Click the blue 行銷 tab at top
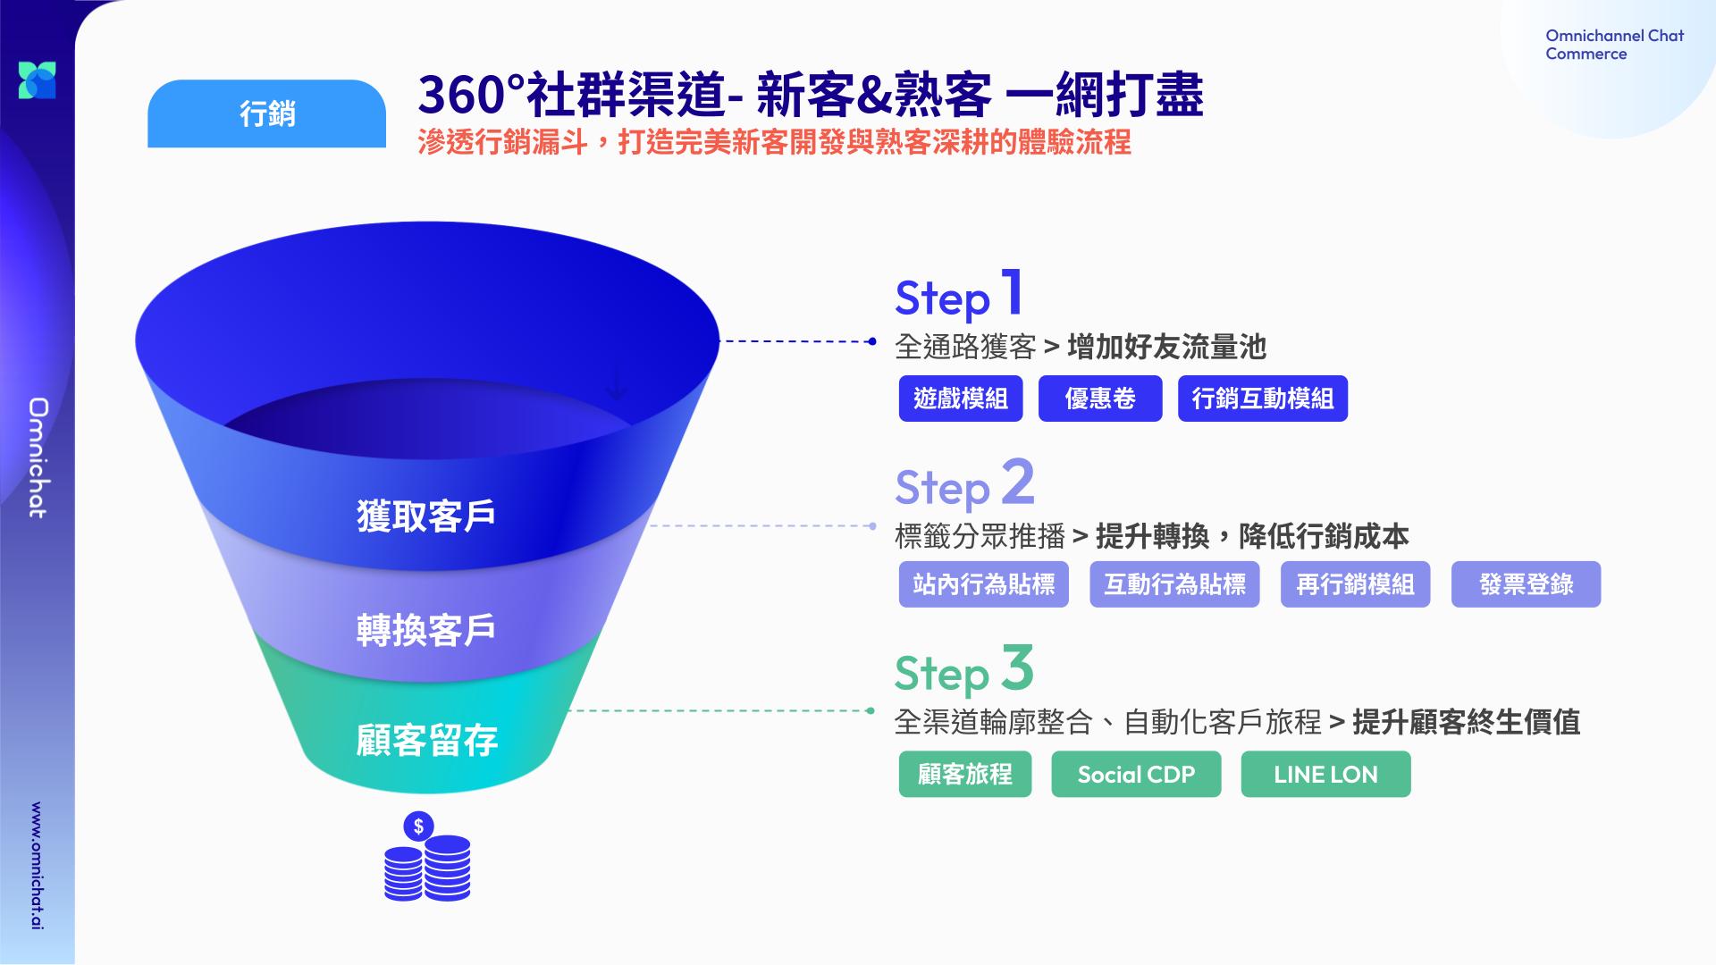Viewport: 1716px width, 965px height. coord(266,113)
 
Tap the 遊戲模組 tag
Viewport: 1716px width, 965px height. coord(960,399)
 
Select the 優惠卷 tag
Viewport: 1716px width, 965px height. coord(1100,399)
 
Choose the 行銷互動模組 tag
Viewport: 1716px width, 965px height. coord(1262,399)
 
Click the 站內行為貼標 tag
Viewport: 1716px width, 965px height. coord(983,584)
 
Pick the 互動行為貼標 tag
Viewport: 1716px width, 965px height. coord(1174,584)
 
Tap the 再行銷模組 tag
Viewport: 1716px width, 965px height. coord(1355,584)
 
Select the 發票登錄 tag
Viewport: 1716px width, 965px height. coord(1526,584)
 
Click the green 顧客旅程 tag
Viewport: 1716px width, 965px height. coord(965,774)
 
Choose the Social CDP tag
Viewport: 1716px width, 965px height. coord(1136,774)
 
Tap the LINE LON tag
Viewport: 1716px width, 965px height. coord(1325,774)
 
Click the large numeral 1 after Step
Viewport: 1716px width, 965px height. coord(1012,292)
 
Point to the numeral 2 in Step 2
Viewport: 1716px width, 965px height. coord(1018,482)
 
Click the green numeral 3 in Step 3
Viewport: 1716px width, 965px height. coord(1017,668)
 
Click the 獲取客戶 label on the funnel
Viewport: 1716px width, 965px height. coord(426,516)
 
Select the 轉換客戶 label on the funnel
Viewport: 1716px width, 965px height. coord(426,630)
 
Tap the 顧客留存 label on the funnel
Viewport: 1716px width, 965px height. coord(426,741)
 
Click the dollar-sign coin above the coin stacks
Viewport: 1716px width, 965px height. coord(418,827)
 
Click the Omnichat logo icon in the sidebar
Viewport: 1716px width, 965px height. coord(38,80)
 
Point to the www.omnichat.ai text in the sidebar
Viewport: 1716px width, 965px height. coord(37,866)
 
